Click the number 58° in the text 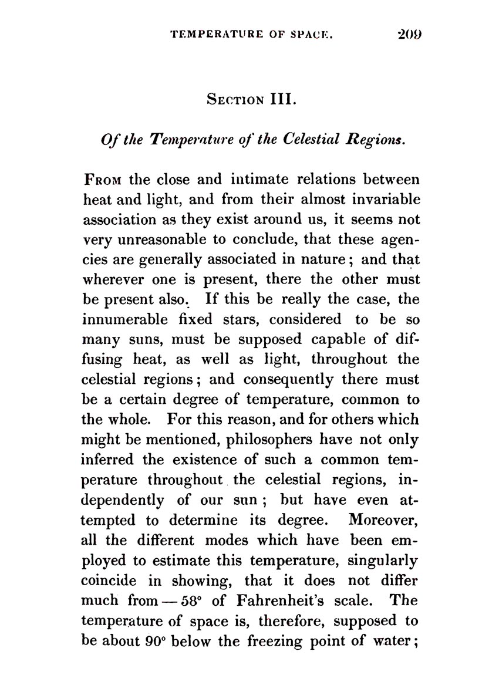200,600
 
